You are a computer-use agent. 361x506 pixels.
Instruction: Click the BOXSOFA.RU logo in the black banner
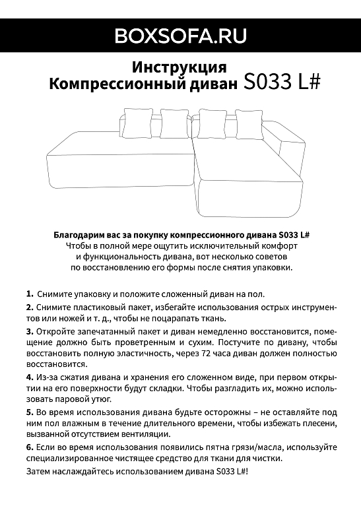point(180,36)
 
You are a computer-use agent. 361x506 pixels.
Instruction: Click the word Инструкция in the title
point(180,67)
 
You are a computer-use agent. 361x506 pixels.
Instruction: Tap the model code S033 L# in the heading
point(282,82)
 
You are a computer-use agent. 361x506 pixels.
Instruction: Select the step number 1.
point(30,294)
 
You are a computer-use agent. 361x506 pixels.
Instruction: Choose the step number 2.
point(30,307)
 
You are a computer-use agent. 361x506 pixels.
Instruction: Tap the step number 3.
point(30,331)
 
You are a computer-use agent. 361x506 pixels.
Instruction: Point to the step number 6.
point(30,447)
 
